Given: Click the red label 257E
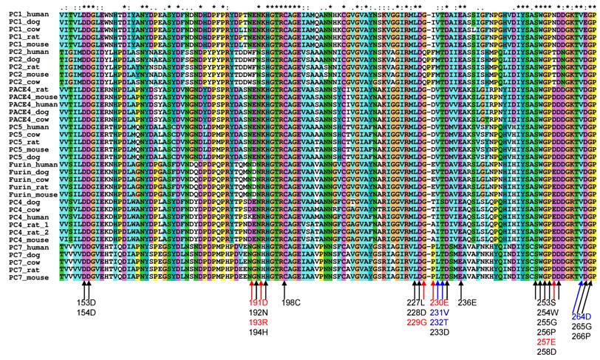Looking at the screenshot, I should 546,342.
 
